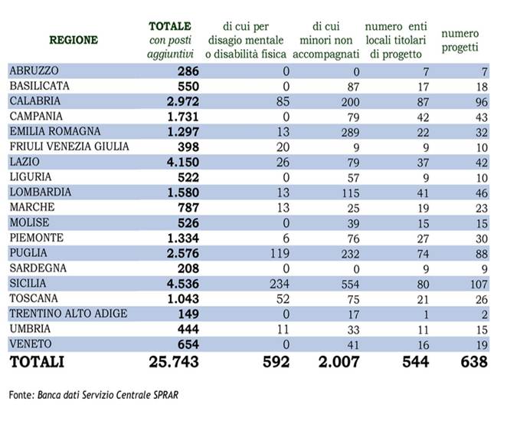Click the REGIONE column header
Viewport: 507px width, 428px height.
[74, 40]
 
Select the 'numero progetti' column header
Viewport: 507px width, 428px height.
[460, 40]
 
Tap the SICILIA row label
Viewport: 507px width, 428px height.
[28, 283]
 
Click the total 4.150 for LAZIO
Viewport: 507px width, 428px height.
[183, 162]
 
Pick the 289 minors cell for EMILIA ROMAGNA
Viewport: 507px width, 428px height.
[351, 132]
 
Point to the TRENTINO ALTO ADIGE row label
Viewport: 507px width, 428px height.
[69, 314]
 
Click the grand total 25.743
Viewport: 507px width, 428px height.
[174, 361]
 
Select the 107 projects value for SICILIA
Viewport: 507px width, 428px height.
[479, 284]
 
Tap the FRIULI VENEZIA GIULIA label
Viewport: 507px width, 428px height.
[70, 147]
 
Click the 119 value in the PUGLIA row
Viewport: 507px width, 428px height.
[280, 253]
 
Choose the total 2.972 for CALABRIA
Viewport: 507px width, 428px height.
[183, 101]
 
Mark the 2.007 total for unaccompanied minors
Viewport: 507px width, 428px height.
[339, 361]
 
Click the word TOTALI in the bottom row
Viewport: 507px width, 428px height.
[37, 361]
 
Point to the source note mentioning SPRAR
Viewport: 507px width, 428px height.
[93, 395]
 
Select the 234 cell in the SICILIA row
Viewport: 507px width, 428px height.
[280, 284]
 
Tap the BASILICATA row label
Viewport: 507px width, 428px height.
[40, 86]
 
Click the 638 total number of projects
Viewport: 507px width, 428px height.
[474, 361]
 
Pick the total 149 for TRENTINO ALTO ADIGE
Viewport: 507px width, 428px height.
[188, 314]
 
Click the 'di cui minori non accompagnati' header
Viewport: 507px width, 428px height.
[326, 40]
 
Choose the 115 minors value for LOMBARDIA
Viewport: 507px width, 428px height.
[351, 193]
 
